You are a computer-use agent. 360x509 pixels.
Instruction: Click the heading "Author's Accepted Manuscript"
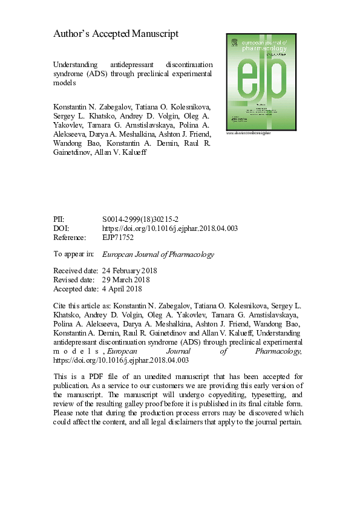pyautogui.click(x=116, y=34)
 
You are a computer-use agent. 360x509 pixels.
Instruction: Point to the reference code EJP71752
pyautogui.click(x=117, y=238)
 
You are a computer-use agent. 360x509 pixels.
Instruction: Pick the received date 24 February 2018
pyautogui.click(x=131, y=271)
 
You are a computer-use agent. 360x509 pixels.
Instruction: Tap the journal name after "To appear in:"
pyautogui.click(x=159, y=254)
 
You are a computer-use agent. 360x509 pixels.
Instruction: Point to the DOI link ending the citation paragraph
pyautogui.click(x=122, y=360)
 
